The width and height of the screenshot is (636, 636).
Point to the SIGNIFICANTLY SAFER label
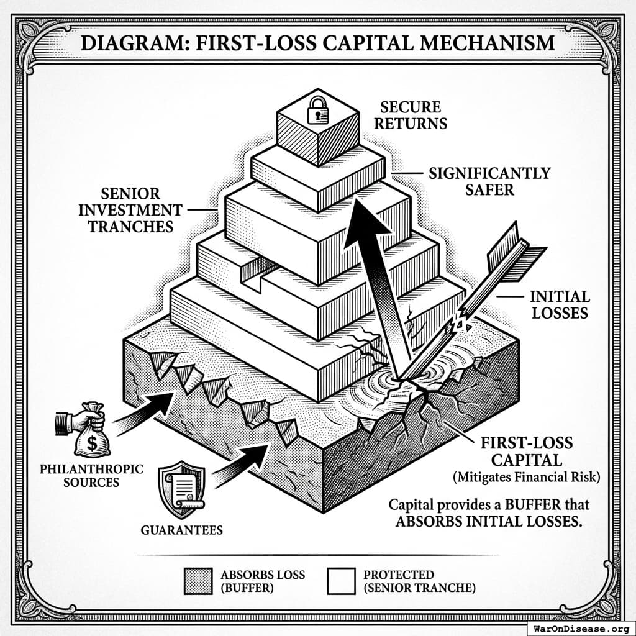[x=489, y=180]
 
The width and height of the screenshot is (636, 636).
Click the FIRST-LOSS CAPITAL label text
[x=526, y=452]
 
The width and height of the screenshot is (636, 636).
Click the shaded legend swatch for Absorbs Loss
[x=199, y=581]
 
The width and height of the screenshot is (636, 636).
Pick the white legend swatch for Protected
[x=341, y=581]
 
